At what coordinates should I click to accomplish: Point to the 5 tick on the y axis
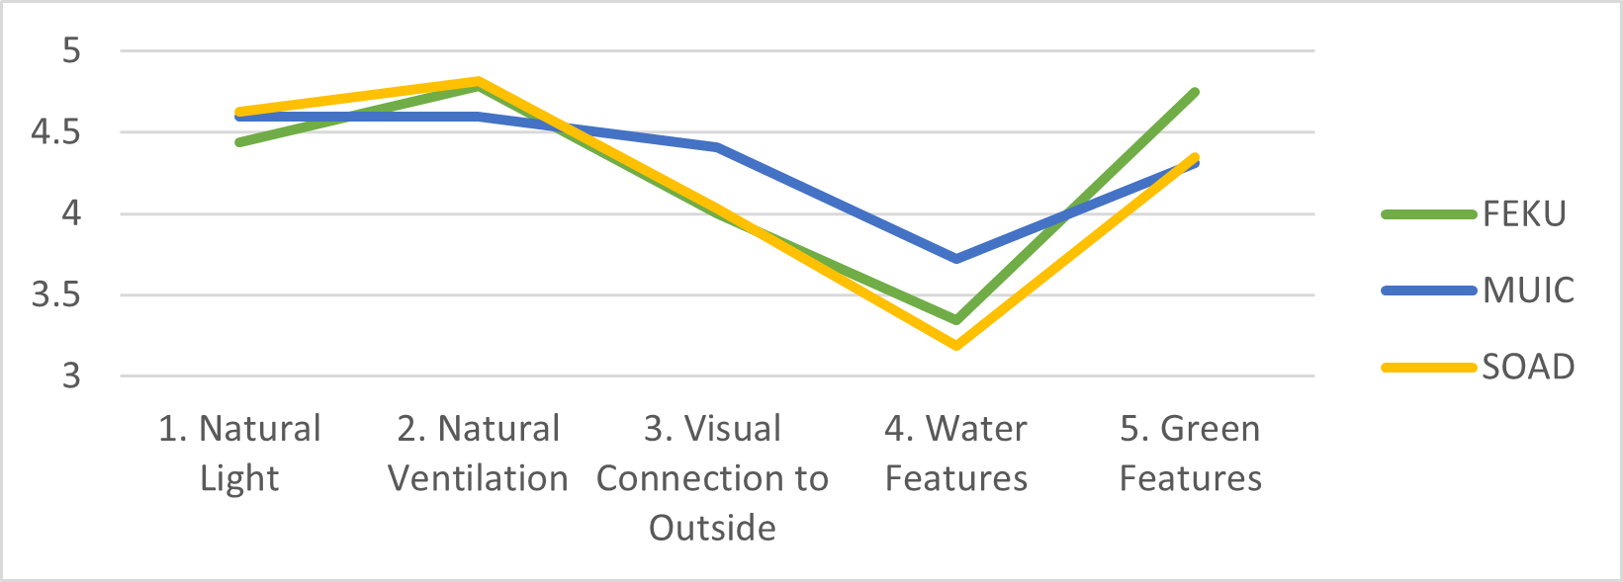click(x=71, y=50)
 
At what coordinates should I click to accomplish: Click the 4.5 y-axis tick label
click(x=56, y=132)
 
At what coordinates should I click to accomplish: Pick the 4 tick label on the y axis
click(x=71, y=213)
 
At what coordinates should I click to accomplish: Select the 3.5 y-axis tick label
click(x=56, y=295)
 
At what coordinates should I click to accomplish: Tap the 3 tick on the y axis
click(x=71, y=376)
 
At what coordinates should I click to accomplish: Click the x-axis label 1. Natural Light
click(x=239, y=453)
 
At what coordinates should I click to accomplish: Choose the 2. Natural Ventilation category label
click(x=478, y=453)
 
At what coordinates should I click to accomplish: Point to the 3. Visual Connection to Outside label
click(x=712, y=477)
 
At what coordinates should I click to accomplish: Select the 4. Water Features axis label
click(x=955, y=453)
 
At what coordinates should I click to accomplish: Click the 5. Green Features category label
click(x=1190, y=453)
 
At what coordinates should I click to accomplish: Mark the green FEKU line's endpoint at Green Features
click(x=1195, y=92)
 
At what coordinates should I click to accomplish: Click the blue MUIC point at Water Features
click(x=956, y=259)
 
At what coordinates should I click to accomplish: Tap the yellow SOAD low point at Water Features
click(x=956, y=345)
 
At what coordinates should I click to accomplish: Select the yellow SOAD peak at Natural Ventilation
click(x=479, y=81)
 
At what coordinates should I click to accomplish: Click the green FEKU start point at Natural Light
click(x=239, y=142)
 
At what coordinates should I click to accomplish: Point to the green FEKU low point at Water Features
click(x=956, y=320)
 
